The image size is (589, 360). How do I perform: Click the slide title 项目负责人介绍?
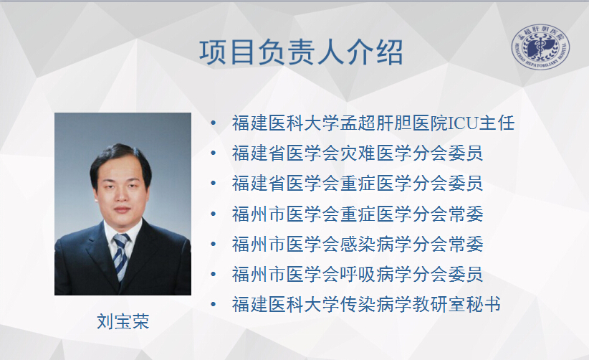301,52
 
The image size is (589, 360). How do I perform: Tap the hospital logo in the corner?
540,47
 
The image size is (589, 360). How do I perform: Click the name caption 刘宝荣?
123,321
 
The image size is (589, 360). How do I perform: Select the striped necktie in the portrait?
121,256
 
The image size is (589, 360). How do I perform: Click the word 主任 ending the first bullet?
497,123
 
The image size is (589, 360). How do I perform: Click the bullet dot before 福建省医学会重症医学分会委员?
214,184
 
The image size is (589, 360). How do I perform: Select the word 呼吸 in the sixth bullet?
358,275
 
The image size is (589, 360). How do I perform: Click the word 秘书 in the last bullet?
484,304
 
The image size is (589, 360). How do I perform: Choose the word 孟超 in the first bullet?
358,123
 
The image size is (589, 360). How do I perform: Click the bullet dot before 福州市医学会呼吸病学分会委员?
214,275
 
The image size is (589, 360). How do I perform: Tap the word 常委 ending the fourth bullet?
466,214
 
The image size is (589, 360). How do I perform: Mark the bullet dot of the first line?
214,123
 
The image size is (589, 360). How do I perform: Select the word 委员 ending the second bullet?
466,153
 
